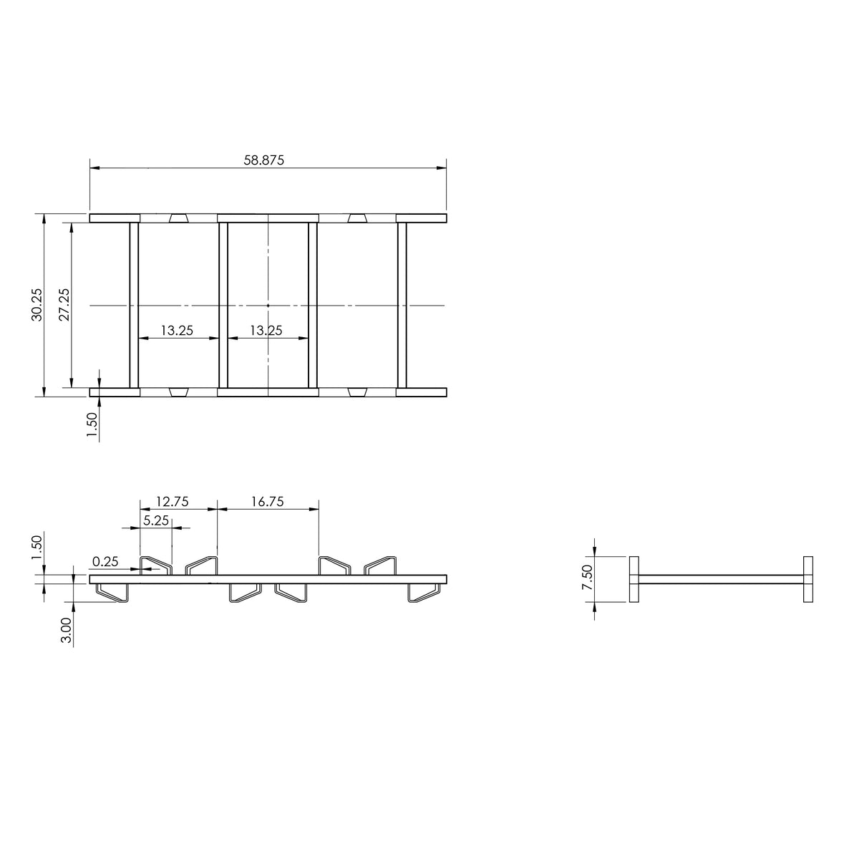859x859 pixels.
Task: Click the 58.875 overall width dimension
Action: [263, 160]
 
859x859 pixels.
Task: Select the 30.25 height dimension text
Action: [37, 304]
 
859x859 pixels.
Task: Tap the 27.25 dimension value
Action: [64, 304]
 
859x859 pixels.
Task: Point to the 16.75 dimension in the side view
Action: [267, 502]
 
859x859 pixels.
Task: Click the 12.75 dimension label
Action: [172, 502]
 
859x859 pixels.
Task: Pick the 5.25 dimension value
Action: [156, 520]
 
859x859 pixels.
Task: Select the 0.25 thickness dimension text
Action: [105, 562]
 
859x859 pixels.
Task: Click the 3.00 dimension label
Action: [66, 630]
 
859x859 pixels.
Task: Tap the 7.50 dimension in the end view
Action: [587, 577]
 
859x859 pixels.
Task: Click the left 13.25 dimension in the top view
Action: [177, 330]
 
